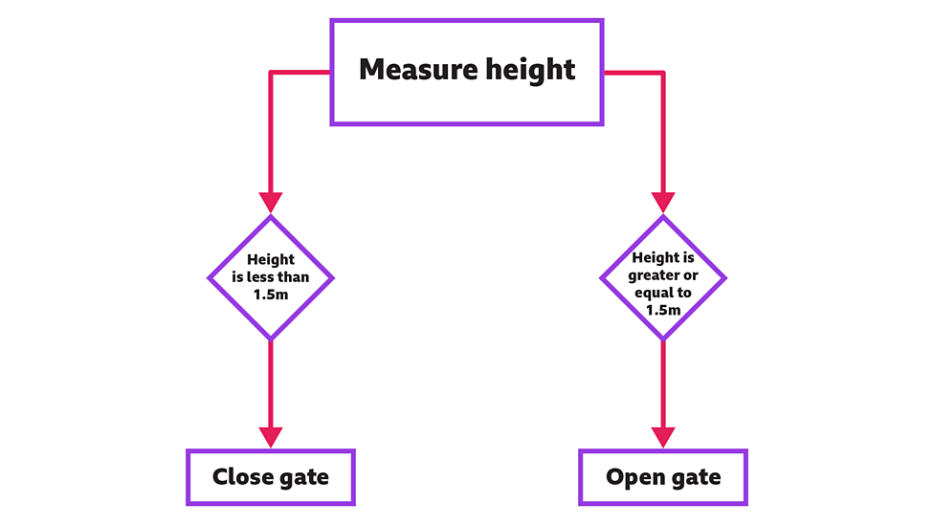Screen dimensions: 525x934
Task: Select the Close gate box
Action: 271,477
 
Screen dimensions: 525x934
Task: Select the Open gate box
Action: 663,477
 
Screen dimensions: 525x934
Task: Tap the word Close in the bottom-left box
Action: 243,477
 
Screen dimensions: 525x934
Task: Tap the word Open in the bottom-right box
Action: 636,477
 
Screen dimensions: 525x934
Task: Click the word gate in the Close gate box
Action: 304,477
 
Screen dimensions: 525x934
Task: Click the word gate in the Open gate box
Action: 696,477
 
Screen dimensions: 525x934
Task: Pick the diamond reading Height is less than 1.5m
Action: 271,277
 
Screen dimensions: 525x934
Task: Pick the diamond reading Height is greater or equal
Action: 663,277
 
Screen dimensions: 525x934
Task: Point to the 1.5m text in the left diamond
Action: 271,295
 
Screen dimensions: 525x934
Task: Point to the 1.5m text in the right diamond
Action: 663,311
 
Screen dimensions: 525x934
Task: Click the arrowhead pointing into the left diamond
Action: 271,203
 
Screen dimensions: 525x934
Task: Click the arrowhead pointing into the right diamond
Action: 663,203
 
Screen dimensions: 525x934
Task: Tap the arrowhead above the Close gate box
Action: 271,436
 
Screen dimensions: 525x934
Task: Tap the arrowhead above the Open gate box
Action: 663,436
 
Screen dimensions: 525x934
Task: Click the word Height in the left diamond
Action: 271,260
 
